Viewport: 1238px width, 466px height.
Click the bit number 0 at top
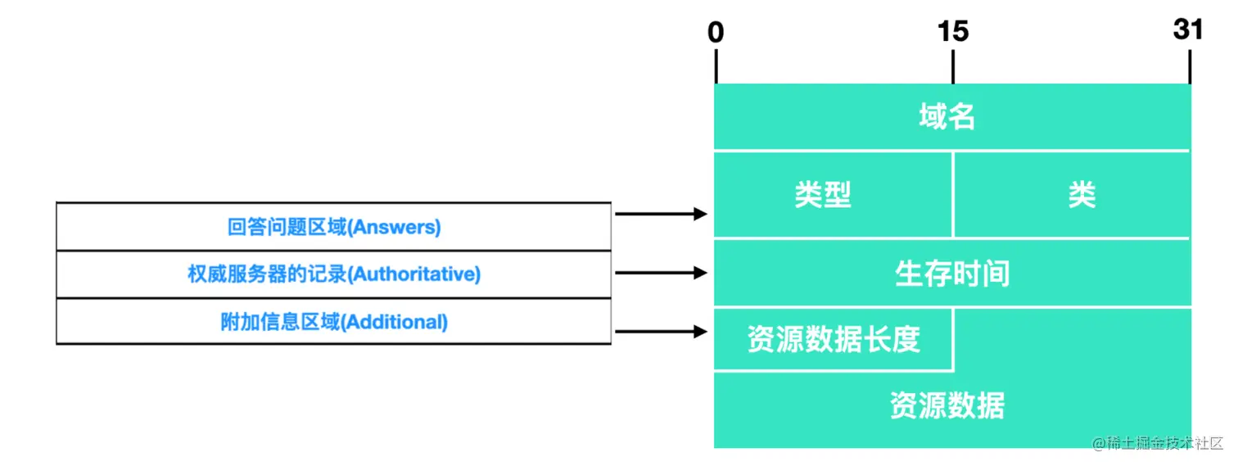pos(716,32)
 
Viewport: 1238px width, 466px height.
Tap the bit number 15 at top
pos(953,31)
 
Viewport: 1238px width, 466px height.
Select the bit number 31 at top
pos(1188,29)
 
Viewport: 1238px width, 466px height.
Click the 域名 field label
pos(947,116)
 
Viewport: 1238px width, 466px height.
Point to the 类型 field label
pos(823,195)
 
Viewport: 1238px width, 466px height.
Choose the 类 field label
pos(1082,195)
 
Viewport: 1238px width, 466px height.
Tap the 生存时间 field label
pos(952,274)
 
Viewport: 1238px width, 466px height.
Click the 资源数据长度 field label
pos(834,339)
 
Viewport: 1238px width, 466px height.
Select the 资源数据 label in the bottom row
pos(947,405)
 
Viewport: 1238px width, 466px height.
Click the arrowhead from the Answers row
pos(700,214)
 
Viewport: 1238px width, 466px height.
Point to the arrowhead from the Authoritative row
pos(700,273)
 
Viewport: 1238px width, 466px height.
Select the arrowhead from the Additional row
pos(700,332)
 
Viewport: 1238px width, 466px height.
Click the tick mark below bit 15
pos(953,67)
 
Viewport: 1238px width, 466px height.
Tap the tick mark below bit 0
pos(716,67)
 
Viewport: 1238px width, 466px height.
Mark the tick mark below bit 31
pos(1190,67)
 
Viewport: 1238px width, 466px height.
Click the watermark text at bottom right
pos(1158,443)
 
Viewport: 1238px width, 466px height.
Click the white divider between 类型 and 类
pos(953,195)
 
